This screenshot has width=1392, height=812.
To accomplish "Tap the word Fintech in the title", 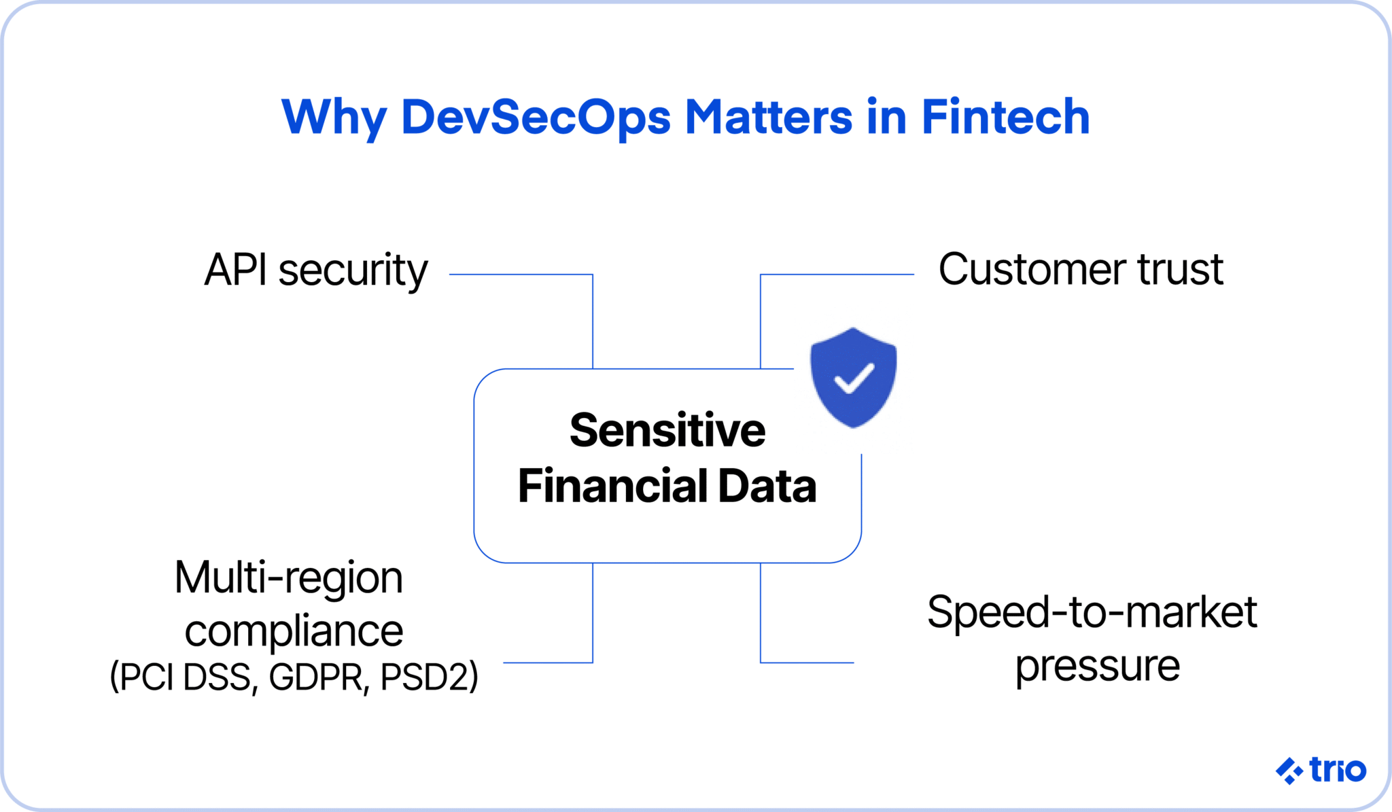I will (x=1005, y=117).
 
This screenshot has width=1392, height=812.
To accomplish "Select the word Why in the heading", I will (x=334, y=117).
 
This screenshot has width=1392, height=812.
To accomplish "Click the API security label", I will (x=316, y=270).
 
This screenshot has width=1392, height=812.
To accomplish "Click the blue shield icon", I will (x=854, y=378).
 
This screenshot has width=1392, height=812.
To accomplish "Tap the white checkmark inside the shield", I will (x=854, y=378).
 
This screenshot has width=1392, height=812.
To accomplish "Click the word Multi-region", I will (x=289, y=578).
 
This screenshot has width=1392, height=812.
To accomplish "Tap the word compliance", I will (x=294, y=631).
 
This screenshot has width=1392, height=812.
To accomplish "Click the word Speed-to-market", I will (x=1092, y=612).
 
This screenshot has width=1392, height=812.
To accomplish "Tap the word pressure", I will (x=1097, y=665).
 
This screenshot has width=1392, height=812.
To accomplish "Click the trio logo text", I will (x=1337, y=770).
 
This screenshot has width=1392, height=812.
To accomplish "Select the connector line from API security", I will (x=520, y=275).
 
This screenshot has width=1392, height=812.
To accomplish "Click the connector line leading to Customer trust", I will (x=836, y=275).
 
